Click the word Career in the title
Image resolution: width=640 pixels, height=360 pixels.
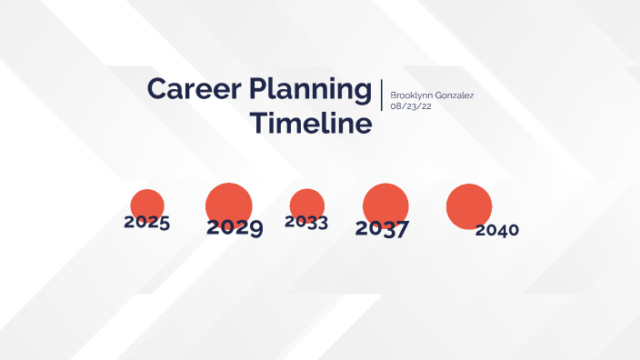point(185,90)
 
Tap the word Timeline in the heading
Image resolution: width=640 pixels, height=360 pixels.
point(312,123)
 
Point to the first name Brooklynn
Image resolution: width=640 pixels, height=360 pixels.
point(413,95)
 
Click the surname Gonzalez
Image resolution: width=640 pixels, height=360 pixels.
point(455,95)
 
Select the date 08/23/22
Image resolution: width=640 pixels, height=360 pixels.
point(410,106)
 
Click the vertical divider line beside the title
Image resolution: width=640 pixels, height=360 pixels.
point(381,95)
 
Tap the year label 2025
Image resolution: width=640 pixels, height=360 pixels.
point(146,222)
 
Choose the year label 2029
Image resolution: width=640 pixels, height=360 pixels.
point(235,227)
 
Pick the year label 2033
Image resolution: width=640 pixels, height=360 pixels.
point(306,222)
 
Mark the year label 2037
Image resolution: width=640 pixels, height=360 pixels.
point(382,228)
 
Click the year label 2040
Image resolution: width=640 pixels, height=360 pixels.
point(496,230)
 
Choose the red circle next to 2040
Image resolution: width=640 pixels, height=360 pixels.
point(469,205)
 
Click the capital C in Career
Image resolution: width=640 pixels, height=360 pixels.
point(156,90)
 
